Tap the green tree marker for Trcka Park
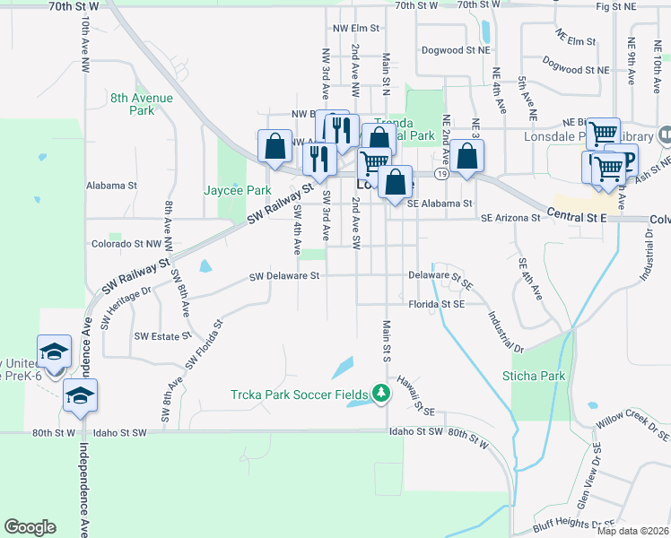coord(382,392)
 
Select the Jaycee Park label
coord(237,191)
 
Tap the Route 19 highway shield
coord(441,173)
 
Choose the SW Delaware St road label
coord(284,276)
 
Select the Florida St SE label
coord(436,305)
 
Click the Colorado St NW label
coord(126,244)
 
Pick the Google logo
coord(30,527)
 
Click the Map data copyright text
coord(632,531)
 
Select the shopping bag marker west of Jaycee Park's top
coord(274,146)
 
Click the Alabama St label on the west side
coord(110,186)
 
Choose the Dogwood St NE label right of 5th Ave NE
coord(576,69)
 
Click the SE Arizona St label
coord(511,218)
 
